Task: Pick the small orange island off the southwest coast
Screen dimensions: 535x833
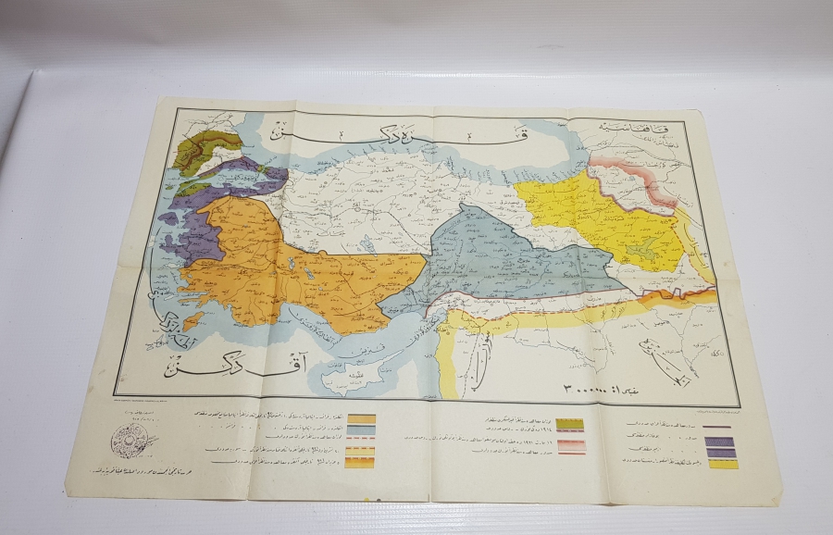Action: coord(193,320)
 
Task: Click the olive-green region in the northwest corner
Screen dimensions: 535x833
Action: coord(199,148)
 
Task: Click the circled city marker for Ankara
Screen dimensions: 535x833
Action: coord(357,221)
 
